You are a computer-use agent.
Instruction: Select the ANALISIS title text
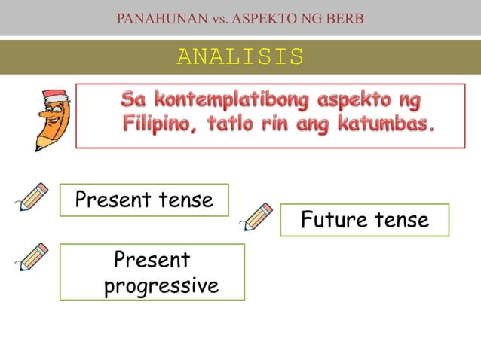(240, 56)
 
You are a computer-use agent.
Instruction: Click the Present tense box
(144, 200)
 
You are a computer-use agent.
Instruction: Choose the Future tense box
(364, 220)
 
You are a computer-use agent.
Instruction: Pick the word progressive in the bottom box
(161, 286)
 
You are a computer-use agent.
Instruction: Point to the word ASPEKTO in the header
(265, 17)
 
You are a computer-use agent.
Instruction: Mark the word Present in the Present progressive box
(152, 260)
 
